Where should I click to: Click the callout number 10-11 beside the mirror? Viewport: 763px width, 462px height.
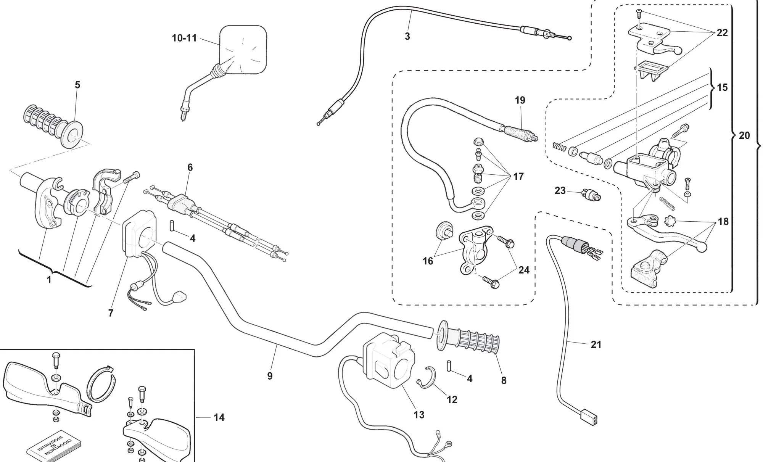[184, 38]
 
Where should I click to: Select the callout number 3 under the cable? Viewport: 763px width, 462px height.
[407, 36]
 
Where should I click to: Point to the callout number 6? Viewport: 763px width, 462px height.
[190, 167]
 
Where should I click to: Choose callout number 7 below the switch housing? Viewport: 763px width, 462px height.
[111, 313]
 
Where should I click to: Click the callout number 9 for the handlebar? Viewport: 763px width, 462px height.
[270, 376]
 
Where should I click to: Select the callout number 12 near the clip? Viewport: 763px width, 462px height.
[452, 399]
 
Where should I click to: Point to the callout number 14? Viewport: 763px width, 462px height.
[219, 417]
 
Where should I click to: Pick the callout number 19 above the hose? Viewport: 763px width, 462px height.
[520, 100]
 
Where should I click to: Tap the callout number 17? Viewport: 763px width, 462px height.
[518, 177]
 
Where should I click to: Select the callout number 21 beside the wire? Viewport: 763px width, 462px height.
[596, 344]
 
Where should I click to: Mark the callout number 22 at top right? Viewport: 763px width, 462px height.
[722, 33]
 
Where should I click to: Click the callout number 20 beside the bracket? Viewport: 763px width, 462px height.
[744, 135]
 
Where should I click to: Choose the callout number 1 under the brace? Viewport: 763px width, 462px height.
[49, 280]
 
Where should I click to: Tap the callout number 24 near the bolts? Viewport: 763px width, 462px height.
[524, 270]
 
